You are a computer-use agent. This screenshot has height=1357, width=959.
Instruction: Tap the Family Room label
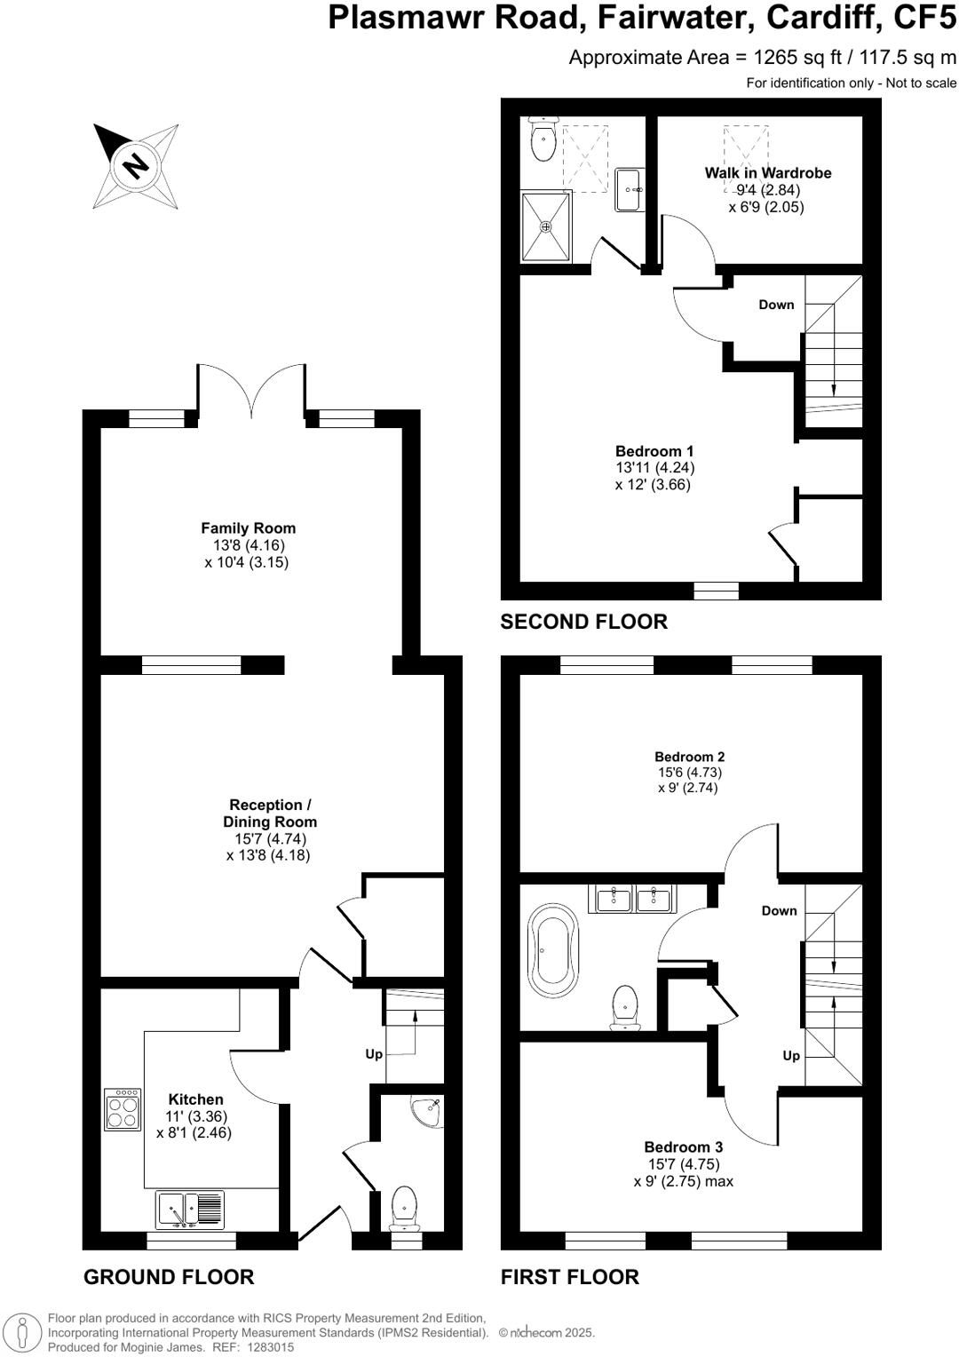click(x=248, y=528)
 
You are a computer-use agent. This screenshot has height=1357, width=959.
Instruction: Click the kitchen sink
click(x=190, y=1210)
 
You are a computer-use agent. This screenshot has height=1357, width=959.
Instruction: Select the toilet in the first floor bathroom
click(x=627, y=1006)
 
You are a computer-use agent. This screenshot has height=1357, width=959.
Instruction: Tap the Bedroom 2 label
click(x=690, y=757)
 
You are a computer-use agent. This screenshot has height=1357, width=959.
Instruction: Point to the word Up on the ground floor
click(x=374, y=1054)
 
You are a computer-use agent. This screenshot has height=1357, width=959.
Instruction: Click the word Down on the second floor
click(x=776, y=305)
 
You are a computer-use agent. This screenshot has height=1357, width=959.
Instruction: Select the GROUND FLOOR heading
click(x=169, y=1277)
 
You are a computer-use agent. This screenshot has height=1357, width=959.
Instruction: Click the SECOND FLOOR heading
click(x=583, y=622)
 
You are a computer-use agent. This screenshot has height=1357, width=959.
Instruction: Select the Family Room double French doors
click(x=252, y=391)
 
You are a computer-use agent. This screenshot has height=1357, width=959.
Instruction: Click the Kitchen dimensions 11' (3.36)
click(x=196, y=1116)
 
